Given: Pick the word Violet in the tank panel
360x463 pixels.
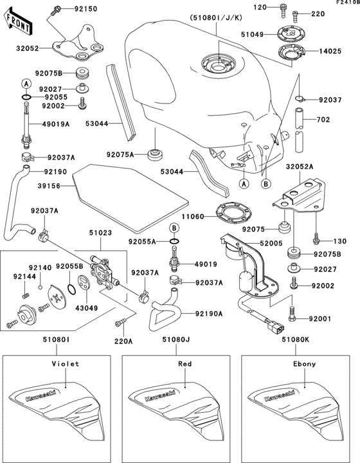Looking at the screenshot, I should point(65,363).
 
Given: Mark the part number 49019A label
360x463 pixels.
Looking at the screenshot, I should point(56,125).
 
